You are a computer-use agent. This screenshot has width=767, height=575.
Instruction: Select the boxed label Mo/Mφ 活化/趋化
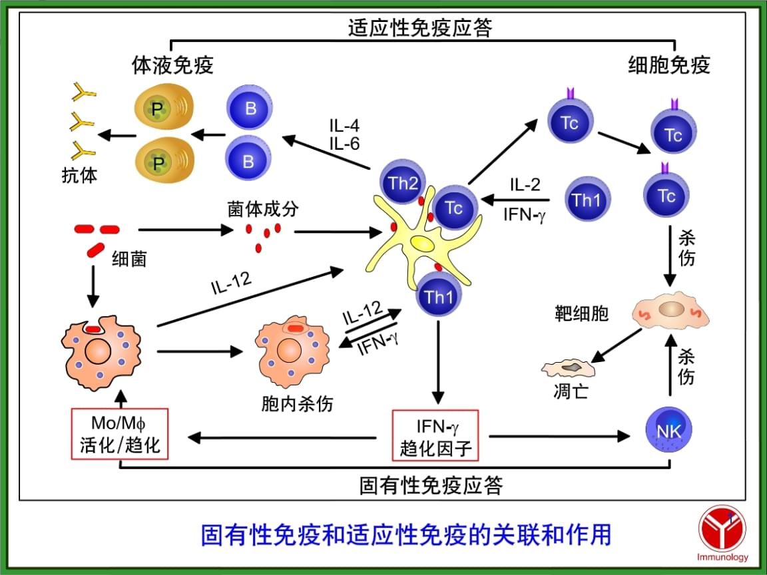pyautogui.click(x=120, y=433)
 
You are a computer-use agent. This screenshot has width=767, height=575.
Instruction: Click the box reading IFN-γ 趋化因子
pyautogui.click(x=436, y=435)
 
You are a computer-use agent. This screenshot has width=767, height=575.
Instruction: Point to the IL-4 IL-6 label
pyautogui.click(x=344, y=134)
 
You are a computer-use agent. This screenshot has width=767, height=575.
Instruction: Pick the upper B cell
pyautogui.click(x=250, y=109)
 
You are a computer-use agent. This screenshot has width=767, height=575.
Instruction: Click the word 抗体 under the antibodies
pyautogui.click(x=79, y=176)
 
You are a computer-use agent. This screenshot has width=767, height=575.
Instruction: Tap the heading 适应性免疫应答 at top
pyautogui.click(x=421, y=28)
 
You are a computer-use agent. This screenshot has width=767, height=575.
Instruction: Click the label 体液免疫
pyautogui.click(x=173, y=65)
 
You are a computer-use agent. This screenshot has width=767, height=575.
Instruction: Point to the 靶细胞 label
pyautogui.click(x=582, y=313)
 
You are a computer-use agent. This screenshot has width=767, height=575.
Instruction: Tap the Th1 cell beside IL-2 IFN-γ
pyautogui.click(x=587, y=200)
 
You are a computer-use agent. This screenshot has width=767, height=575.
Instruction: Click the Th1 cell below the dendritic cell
pyautogui.click(x=439, y=297)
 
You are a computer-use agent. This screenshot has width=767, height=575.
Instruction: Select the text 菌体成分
pyautogui.click(x=263, y=209)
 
